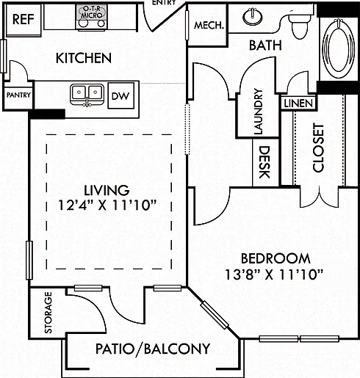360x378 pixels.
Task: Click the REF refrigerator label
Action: (x=23, y=19)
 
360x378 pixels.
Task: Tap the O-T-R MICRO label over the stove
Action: (x=92, y=12)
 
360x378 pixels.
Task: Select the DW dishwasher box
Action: (x=121, y=95)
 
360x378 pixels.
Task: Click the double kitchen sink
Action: (x=87, y=95)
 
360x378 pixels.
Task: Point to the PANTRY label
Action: (x=18, y=95)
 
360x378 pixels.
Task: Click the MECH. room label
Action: (x=209, y=25)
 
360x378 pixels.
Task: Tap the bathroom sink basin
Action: (x=253, y=17)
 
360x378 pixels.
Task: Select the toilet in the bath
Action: (x=299, y=24)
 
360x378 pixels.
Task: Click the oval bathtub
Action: (x=339, y=46)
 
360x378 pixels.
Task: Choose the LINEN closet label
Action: (x=298, y=103)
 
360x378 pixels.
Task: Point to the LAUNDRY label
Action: (x=258, y=112)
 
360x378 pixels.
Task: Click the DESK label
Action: (x=265, y=162)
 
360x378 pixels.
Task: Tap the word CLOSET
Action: (x=318, y=148)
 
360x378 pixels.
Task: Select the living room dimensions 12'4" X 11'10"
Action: (x=107, y=206)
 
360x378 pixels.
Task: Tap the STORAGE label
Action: (x=48, y=313)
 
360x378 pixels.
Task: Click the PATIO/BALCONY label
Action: (x=153, y=349)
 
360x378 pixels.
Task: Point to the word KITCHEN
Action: (x=84, y=58)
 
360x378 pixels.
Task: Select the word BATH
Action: (x=265, y=46)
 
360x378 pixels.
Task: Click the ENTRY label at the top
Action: (x=164, y=2)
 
